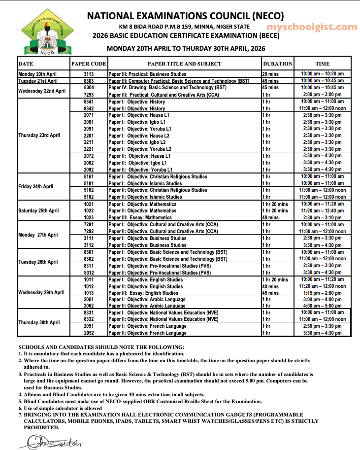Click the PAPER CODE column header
click(89, 64)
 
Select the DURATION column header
click(277, 64)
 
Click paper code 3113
click(89, 74)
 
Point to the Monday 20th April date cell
click(38, 74)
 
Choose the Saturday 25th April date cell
click(38, 210)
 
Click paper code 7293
click(89, 94)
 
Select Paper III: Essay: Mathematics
click(140, 217)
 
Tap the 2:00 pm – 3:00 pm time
click(322, 94)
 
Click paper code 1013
click(89, 293)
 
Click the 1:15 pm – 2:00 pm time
click(322, 293)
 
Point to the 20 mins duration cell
click(270, 74)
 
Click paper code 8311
click(89, 265)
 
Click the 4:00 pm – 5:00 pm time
click(322, 306)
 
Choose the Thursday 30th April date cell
click(39, 322)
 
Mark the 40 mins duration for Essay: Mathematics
click(270, 217)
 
